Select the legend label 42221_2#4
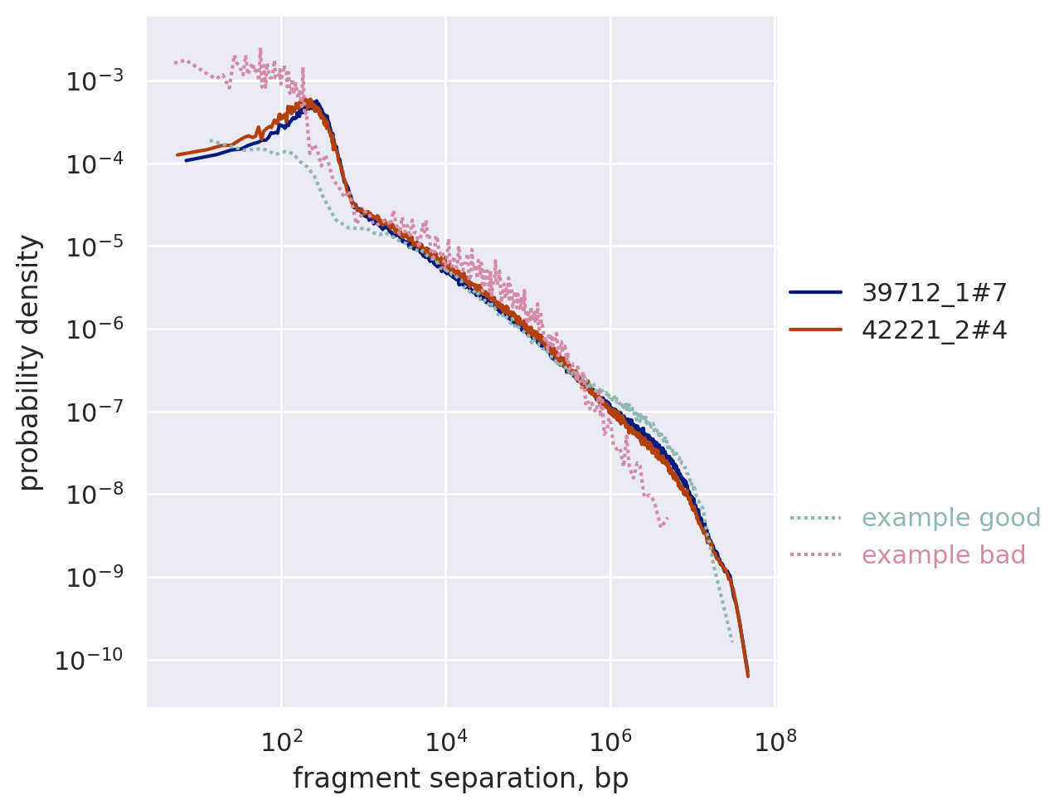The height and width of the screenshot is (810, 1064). [934, 330]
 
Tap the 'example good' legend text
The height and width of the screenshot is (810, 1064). [951, 518]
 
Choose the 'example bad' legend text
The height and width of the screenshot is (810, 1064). [944, 555]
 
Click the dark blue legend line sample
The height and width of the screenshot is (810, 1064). [815, 292]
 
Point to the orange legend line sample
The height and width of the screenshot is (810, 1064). [815, 330]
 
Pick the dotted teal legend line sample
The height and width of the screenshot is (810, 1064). [815, 518]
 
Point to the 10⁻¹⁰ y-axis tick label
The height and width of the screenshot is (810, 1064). [88, 660]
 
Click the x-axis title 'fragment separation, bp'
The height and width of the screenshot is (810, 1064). [460, 778]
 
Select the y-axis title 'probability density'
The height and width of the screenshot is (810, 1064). [30, 362]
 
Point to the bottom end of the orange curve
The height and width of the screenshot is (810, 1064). [747, 676]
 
